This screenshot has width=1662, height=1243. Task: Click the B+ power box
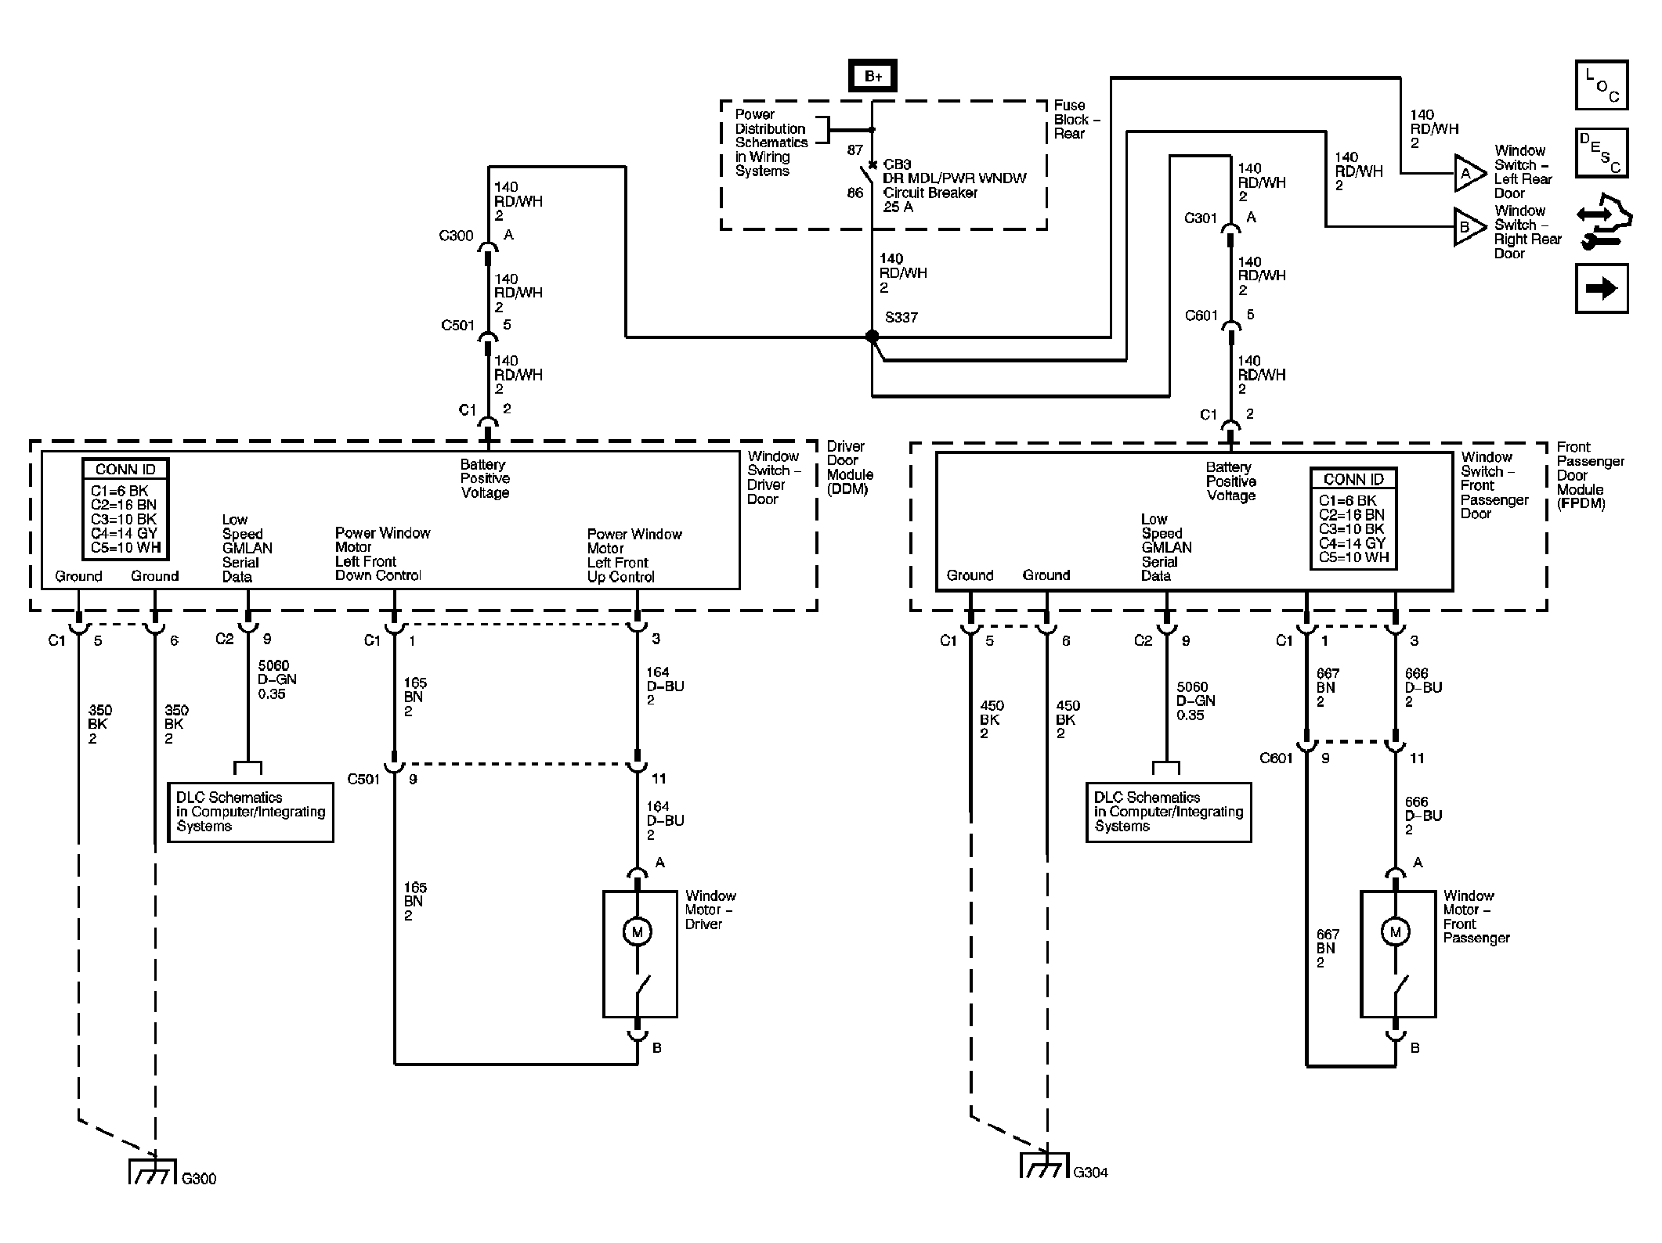click(873, 76)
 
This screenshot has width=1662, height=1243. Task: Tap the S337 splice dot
click(872, 337)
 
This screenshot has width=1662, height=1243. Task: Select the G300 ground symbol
click(151, 1171)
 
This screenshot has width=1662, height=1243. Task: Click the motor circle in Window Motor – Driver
click(637, 931)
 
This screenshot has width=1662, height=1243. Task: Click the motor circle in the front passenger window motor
click(1395, 931)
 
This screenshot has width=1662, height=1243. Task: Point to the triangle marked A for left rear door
click(1469, 174)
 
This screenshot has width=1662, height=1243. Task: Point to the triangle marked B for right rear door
click(1469, 227)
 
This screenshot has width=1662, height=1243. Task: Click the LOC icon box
click(1602, 85)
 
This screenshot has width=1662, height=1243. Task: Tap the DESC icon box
click(1602, 153)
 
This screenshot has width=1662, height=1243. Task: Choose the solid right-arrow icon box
click(1602, 289)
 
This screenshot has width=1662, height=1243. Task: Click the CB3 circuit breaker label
click(897, 165)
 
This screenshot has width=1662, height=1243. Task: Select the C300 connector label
click(456, 236)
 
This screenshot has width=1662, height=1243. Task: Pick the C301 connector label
click(1201, 218)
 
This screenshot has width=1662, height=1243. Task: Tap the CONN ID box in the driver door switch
click(125, 509)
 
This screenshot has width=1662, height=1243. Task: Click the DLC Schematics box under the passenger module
click(1169, 812)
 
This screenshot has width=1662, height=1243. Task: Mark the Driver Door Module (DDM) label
click(850, 468)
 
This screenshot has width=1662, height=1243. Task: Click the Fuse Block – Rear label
click(1077, 120)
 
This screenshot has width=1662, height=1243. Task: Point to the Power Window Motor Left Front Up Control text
click(634, 556)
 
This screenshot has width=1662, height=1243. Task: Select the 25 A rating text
click(898, 207)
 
